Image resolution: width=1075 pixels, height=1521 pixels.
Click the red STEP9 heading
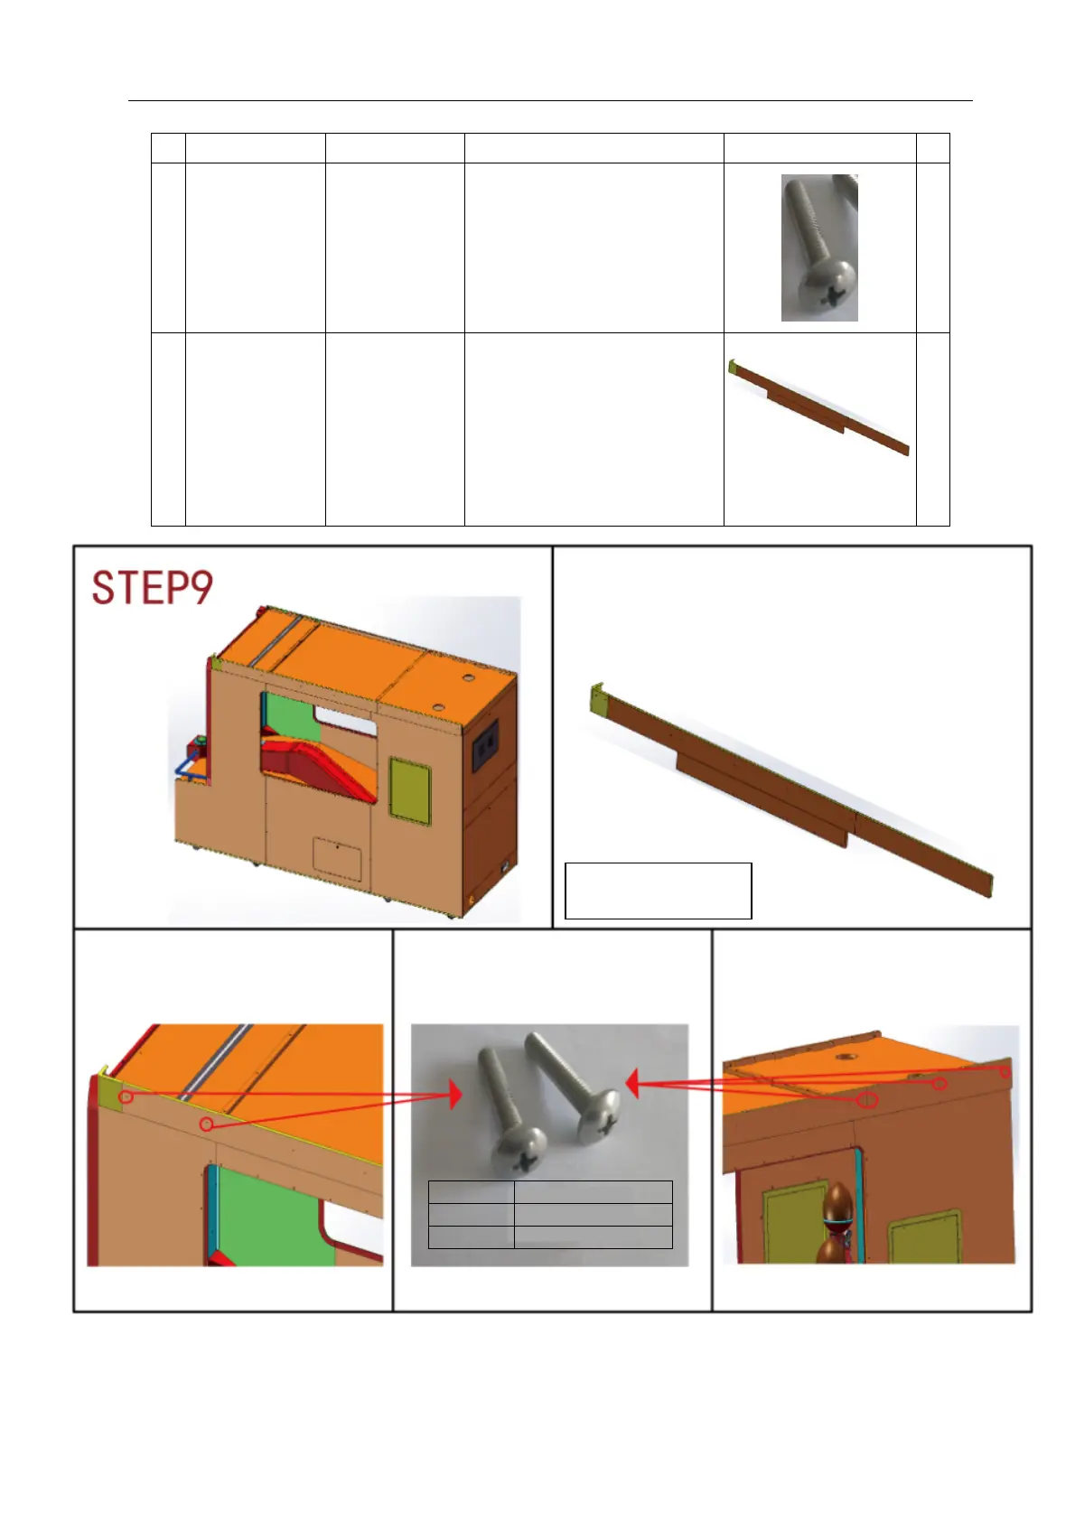(x=152, y=588)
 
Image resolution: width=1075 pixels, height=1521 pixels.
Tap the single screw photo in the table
(x=819, y=247)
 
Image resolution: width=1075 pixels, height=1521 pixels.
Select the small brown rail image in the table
(x=818, y=407)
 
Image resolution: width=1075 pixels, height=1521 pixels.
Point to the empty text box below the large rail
(x=658, y=891)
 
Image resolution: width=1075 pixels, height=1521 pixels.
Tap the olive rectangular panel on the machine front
(x=409, y=791)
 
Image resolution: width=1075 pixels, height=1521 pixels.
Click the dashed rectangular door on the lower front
(x=337, y=858)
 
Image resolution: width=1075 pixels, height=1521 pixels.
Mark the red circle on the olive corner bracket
(x=126, y=1096)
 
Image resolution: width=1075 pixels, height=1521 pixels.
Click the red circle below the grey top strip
(x=207, y=1125)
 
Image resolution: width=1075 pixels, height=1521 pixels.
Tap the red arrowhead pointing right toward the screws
(x=455, y=1095)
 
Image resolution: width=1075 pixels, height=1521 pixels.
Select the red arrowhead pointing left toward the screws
(x=631, y=1084)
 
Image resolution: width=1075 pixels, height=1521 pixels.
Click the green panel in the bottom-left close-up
(x=272, y=1216)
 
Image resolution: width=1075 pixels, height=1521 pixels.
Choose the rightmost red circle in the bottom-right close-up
(x=1005, y=1072)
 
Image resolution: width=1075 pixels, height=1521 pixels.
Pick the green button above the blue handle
(x=201, y=739)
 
